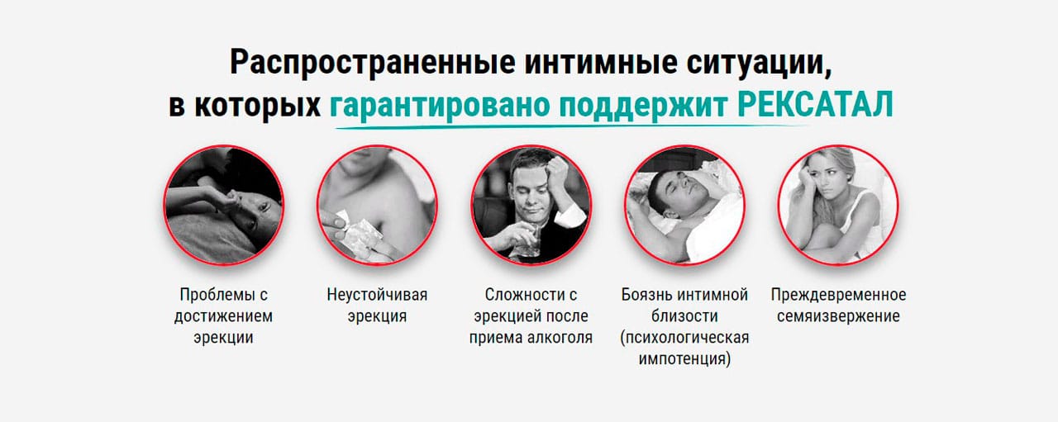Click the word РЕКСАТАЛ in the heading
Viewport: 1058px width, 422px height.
click(x=815, y=104)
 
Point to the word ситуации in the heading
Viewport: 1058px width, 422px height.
click(x=759, y=63)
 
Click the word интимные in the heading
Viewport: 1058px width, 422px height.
click(x=601, y=62)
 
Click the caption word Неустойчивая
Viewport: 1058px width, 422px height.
click(x=377, y=295)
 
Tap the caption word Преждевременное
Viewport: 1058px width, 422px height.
click(x=838, y=295)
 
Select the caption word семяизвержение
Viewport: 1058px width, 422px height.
click(x=838, y=315)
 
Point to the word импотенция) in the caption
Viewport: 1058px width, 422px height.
click(x=685, y=358)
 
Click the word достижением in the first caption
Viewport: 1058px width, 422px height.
click(x=223, y=315)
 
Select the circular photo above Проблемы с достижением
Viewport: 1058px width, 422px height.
click(x=223, y=205)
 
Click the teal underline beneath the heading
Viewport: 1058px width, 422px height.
click(x=570, y=126)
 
